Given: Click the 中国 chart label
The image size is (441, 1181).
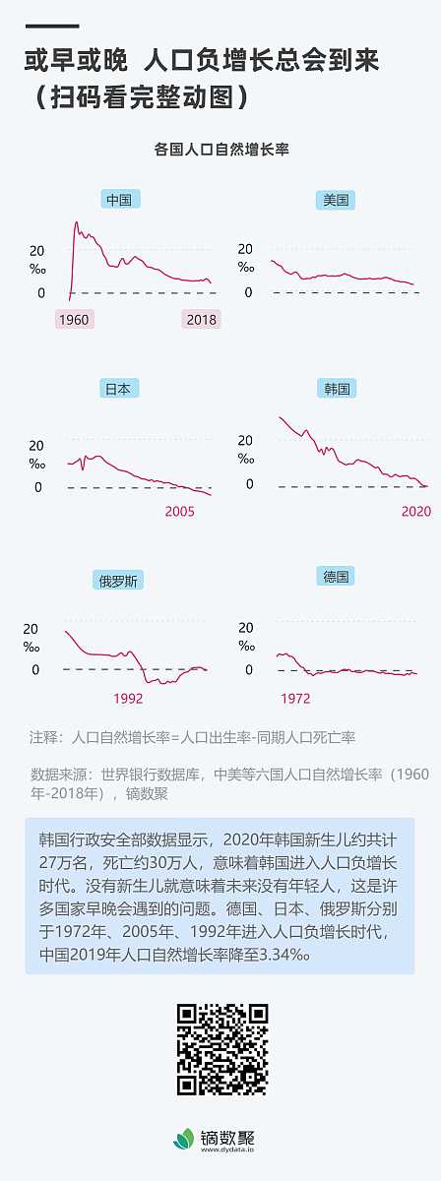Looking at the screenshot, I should pos(118,200).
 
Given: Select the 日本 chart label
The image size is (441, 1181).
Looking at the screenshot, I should pos(118,388).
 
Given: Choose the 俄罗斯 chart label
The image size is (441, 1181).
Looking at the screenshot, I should pos(119,579).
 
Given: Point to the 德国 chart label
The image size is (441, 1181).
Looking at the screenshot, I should pos(337,576).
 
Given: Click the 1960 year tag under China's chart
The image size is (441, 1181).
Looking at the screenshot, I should pos(74,319).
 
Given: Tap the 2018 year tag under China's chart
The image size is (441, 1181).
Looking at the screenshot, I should pos(201,319).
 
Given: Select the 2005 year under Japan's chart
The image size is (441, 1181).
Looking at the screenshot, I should pos(179,511).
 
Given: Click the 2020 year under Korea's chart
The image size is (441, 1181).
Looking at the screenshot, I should pos(416,511).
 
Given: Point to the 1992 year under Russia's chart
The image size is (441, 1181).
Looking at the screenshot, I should pos(128,698).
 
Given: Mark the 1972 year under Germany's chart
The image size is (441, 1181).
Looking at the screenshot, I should pos(295,698).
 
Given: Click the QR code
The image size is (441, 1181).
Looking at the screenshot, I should pos(221,1049).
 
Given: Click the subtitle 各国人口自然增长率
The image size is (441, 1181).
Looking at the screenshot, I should pos(220,150).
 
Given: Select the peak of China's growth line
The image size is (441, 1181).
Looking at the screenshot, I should pos(77,223).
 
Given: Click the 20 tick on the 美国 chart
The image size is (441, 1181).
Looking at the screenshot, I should pos(245,249).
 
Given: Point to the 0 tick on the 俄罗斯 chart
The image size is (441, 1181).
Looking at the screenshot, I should pos(35,669).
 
